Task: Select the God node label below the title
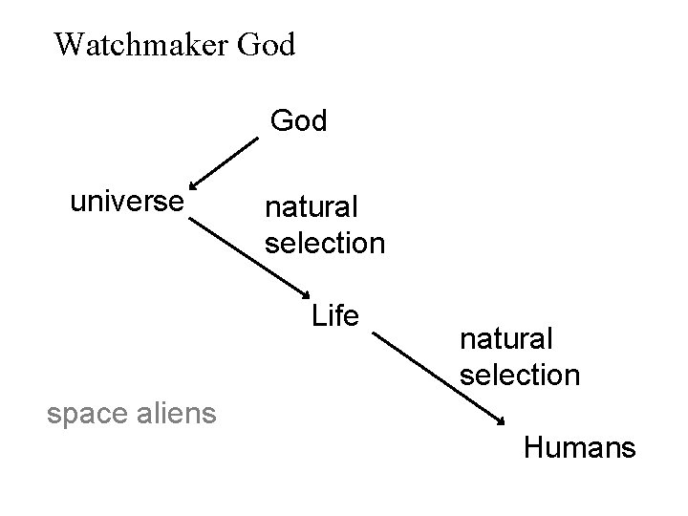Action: click(x=299, y=121)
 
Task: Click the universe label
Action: click(x=127, y=202)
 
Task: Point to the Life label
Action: click(x=334, y=315)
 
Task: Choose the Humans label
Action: click(x=579, y=446)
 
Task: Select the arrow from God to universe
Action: click(x=224, y=163)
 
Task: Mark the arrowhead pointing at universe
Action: click(x=194, y=185)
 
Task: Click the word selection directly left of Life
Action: click(x=325, y=244)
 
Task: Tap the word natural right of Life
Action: click(x=506, y=338)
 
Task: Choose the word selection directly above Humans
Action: click(x=520, y=374)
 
